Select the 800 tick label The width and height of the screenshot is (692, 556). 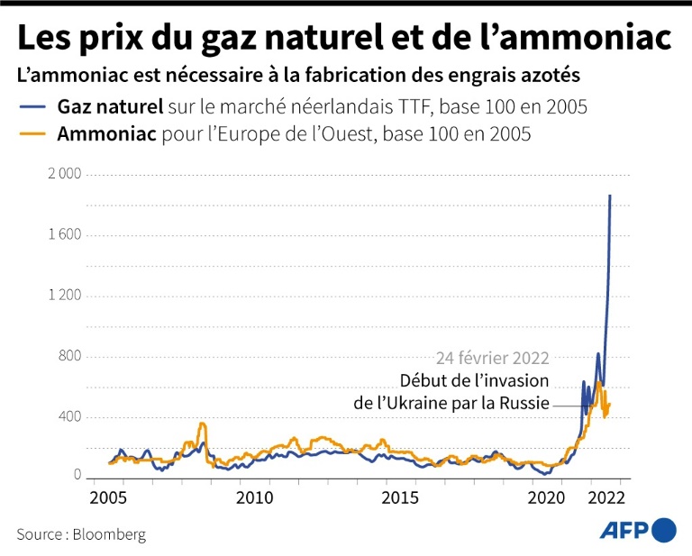tap(70, 357)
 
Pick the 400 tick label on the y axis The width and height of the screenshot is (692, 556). tap(70, 417)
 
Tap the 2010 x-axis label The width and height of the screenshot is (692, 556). tap(255, 497)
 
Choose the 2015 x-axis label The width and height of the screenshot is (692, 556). tap(399, 497)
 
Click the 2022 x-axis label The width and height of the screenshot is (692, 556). tap(603, 497)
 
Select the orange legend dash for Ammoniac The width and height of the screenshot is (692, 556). tap(33, 136)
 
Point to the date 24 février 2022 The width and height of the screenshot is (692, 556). tap(492, 357)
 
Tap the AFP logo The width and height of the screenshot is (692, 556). tap(638, 530)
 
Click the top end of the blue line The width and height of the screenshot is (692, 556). tap(610, 196)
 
